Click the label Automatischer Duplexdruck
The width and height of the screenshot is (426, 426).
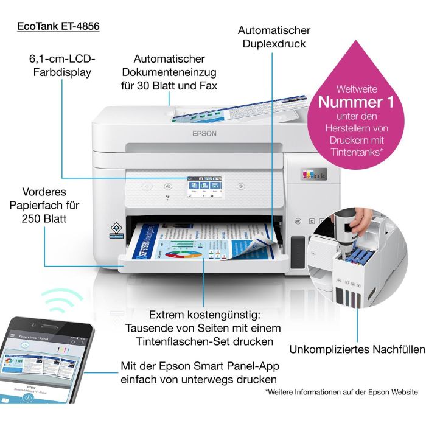tap(274, 37)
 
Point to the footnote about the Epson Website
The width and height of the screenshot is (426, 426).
tap(341, 393)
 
